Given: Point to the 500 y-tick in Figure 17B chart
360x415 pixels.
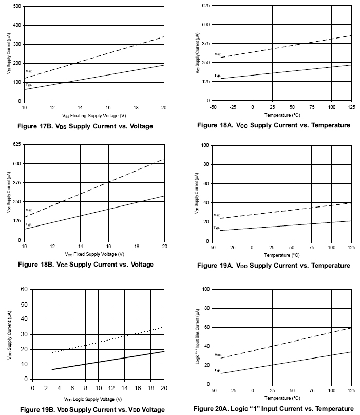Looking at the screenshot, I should tap(17, 6).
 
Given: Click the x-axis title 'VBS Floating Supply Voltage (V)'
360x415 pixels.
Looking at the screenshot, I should tap(94, 115).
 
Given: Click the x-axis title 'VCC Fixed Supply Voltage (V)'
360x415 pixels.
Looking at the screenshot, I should tap(93, 254).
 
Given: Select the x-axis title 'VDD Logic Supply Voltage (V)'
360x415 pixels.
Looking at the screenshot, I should tap(93, 399).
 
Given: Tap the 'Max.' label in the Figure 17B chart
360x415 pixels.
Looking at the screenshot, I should tap(29, 72).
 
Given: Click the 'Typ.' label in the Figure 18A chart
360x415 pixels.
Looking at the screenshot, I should tap(217, 76).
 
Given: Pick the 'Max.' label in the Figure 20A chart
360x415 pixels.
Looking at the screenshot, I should tap(217, 354).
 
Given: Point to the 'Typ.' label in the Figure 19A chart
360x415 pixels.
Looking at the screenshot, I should tap(217, 227).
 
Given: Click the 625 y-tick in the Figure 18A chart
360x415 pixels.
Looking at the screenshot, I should tap(205, 5).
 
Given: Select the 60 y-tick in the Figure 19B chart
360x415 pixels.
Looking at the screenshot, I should tap(24, 289).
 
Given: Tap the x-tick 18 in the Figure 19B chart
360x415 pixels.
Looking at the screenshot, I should tap(151, 388).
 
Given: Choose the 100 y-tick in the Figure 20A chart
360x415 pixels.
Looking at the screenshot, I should tap(205, 289).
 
